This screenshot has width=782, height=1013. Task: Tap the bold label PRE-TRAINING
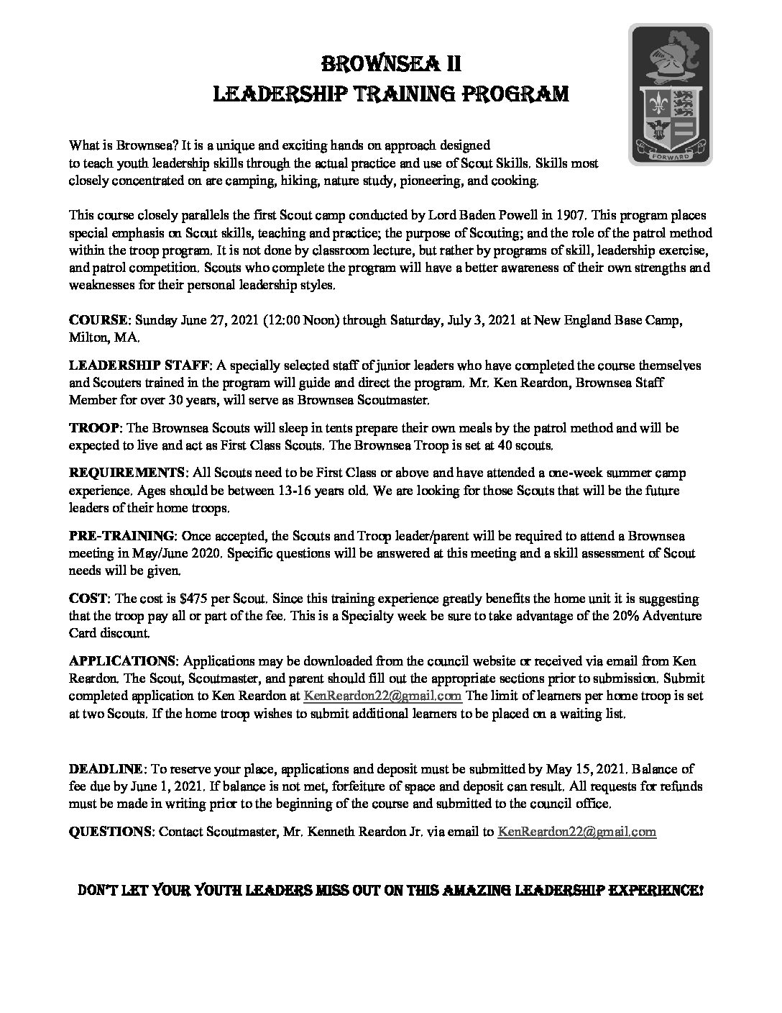pyautogui.click(x=122, y=536)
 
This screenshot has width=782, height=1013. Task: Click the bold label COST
pyautogui.click(x=88, y=599)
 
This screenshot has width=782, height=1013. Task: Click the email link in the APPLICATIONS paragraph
pyautogui.click(x=382, y=696)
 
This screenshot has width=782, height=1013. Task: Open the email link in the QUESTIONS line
pyautogui.click(x=576, y=832)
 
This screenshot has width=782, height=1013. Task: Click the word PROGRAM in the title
pyautogui.click(x=517, y=94)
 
